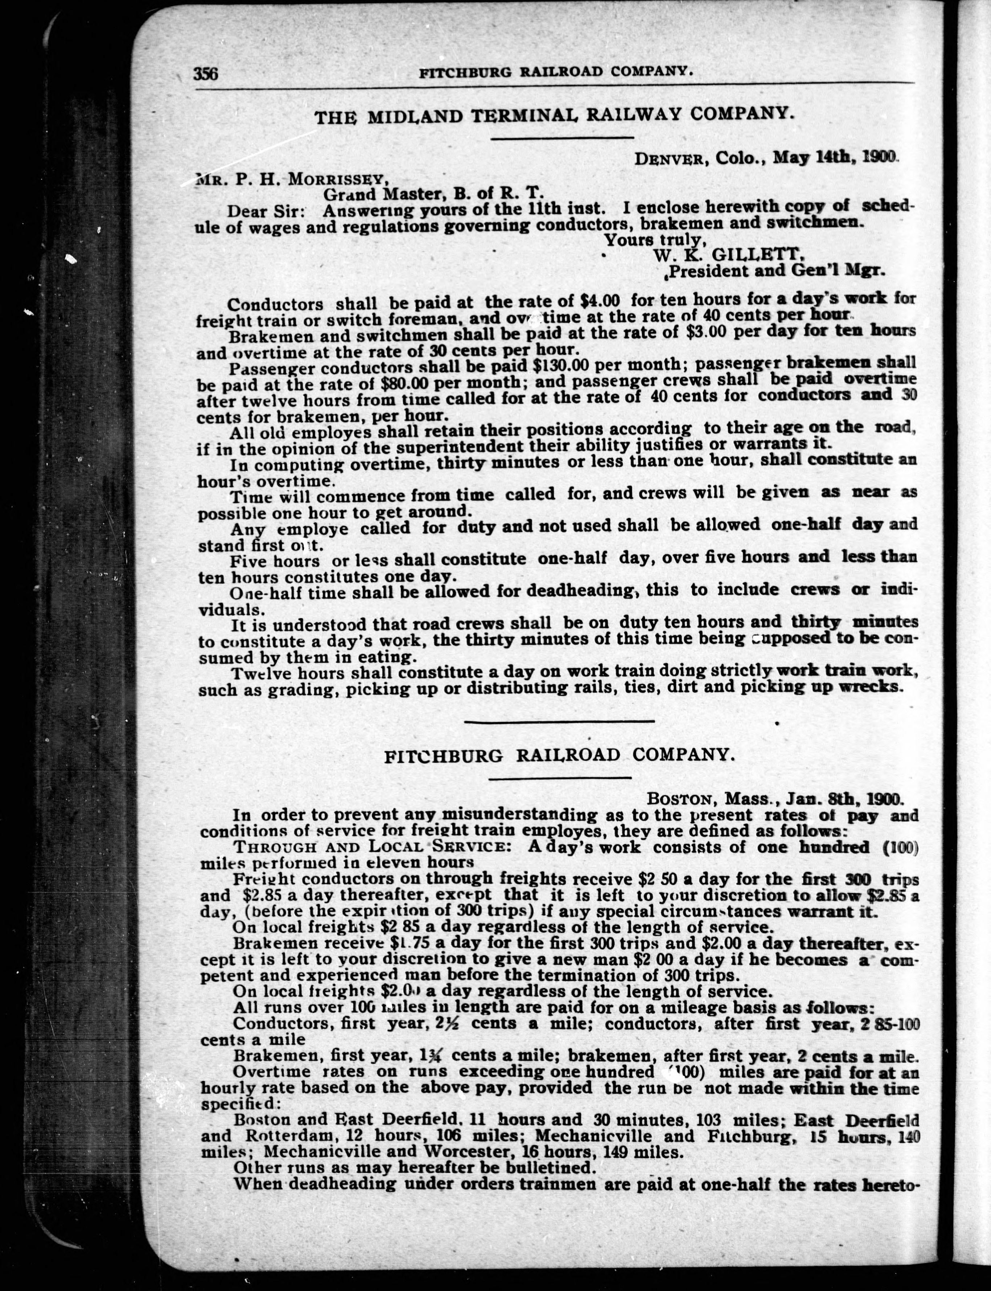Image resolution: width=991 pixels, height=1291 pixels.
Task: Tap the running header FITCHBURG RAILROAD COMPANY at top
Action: coord(555,71)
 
